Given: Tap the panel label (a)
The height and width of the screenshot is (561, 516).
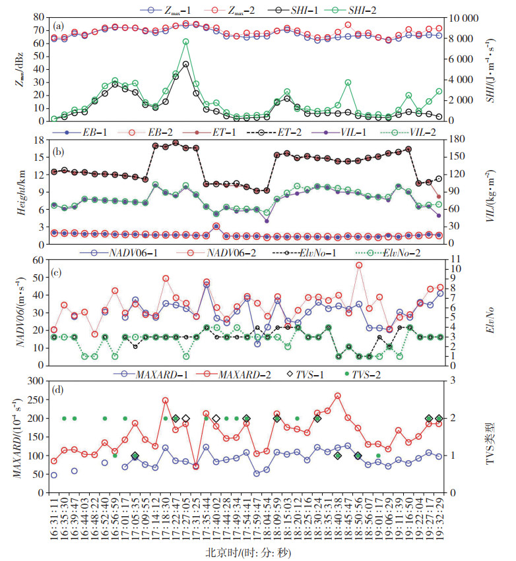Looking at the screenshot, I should (57, 26).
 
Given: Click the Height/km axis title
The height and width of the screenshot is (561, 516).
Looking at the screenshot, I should (20, 192).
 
